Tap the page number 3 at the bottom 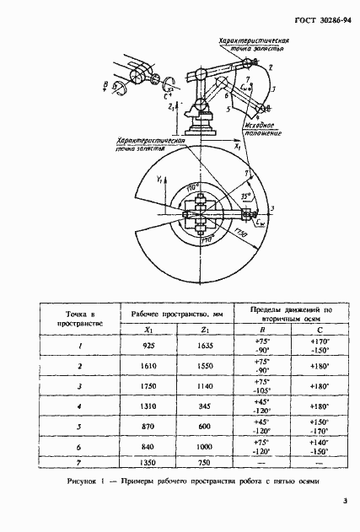click(345, 503)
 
